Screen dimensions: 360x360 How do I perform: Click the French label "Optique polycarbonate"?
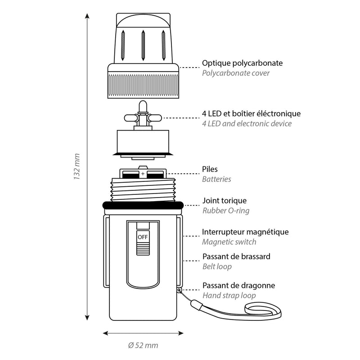[242, 63]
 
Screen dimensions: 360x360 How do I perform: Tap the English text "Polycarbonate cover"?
[236, 73]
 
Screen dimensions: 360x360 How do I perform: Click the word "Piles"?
[210, 170]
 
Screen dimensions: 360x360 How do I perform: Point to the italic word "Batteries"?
[216, 179]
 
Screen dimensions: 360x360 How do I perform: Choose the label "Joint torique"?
[224, 201]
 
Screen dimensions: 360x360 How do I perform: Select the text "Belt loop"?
[217, 266]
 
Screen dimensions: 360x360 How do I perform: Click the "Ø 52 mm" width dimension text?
[143, 346]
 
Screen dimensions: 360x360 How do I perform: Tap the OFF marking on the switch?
[143, 237]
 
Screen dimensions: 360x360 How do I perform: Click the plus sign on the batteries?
[143, 174]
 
